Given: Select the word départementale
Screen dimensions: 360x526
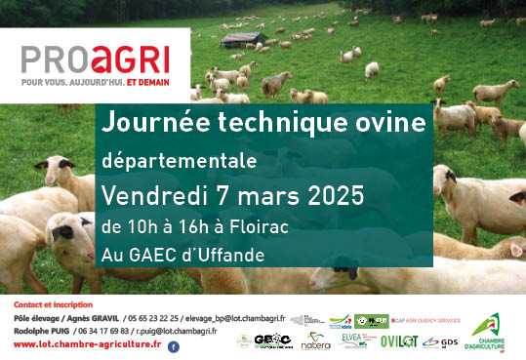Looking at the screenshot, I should click(x=179, y=160).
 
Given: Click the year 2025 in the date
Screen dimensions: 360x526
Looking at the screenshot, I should click(x=329, y=194).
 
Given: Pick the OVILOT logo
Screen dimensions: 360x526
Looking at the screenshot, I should click(x=398, y=341).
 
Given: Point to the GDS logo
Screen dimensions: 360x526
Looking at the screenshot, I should click(x=449, y=342).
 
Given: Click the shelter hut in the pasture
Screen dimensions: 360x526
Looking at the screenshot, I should click(x=242, y=40).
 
